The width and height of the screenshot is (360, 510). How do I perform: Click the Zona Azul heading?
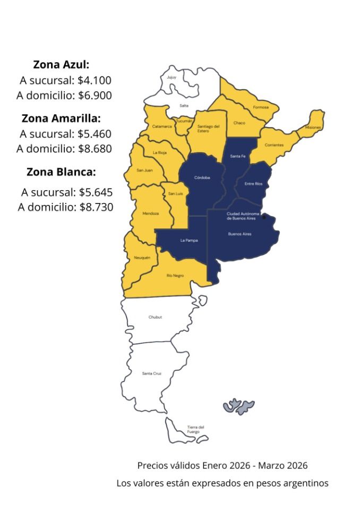click(x=61, y=65)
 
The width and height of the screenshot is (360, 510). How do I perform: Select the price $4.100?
click(x=95, y=80)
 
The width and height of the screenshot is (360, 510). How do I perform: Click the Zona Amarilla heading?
click(x=61, y=118)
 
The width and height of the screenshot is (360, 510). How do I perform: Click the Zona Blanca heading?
click(x=61, y=172)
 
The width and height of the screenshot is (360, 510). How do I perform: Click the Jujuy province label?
click(x=171, y=78)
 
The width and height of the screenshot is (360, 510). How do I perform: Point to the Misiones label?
click(x=313, y=127)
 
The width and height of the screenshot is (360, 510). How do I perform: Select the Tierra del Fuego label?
click(x=194, y=429)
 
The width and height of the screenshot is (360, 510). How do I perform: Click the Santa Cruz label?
click(x=151, y=374)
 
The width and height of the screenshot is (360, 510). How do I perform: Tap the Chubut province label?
click(x=155, y=317)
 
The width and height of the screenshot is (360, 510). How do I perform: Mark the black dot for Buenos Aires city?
click(x=264, y=217)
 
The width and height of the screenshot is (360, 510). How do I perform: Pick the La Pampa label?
click(x=188, y=241)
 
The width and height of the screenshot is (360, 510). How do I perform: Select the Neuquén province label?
click(x=142, y=258)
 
